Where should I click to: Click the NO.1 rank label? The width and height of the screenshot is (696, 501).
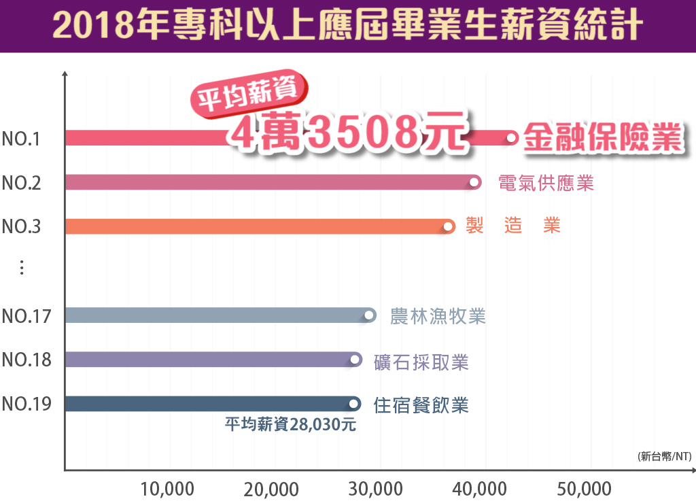coord(22,139)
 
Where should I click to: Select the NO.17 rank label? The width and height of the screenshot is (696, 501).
coord(26,316)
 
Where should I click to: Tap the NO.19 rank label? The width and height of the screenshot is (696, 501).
coord(26,404)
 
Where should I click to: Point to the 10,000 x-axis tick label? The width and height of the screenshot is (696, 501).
coord(167,489)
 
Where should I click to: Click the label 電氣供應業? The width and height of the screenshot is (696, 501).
coord(546,183)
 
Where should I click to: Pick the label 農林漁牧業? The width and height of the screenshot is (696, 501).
coord(438,316)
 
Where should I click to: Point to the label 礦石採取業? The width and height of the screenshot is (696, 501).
coord(421,362)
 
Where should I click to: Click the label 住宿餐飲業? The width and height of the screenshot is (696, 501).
coord(421,406)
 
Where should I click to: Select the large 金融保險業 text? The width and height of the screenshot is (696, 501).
coord(602,138)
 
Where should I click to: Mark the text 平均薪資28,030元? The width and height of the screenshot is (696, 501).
coord(290,426)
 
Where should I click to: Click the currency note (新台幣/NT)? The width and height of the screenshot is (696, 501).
coord(664,457)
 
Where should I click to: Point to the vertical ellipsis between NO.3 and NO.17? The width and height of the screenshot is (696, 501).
coord(22,268)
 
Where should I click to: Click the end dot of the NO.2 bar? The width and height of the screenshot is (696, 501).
coord(474,182)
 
